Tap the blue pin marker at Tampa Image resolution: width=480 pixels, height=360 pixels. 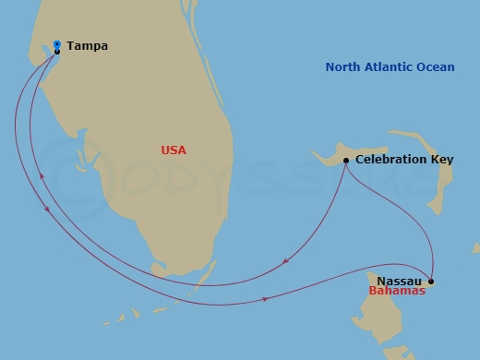(57, 44)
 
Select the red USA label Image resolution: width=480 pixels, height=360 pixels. (173, 150)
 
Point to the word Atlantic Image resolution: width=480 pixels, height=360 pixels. (396, 67)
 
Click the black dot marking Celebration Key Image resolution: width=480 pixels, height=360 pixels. (345, 161)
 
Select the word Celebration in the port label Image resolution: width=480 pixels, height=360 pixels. (391, 160)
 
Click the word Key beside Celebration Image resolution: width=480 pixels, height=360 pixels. (442, 161)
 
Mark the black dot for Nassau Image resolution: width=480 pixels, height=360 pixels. (432, 281)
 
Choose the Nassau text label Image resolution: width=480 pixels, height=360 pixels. (400, 280)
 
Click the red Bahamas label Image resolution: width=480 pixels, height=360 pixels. (396, 292)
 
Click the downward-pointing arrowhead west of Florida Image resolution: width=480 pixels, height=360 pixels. (47, 211)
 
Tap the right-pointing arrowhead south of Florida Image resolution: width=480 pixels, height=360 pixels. (267, 299)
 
